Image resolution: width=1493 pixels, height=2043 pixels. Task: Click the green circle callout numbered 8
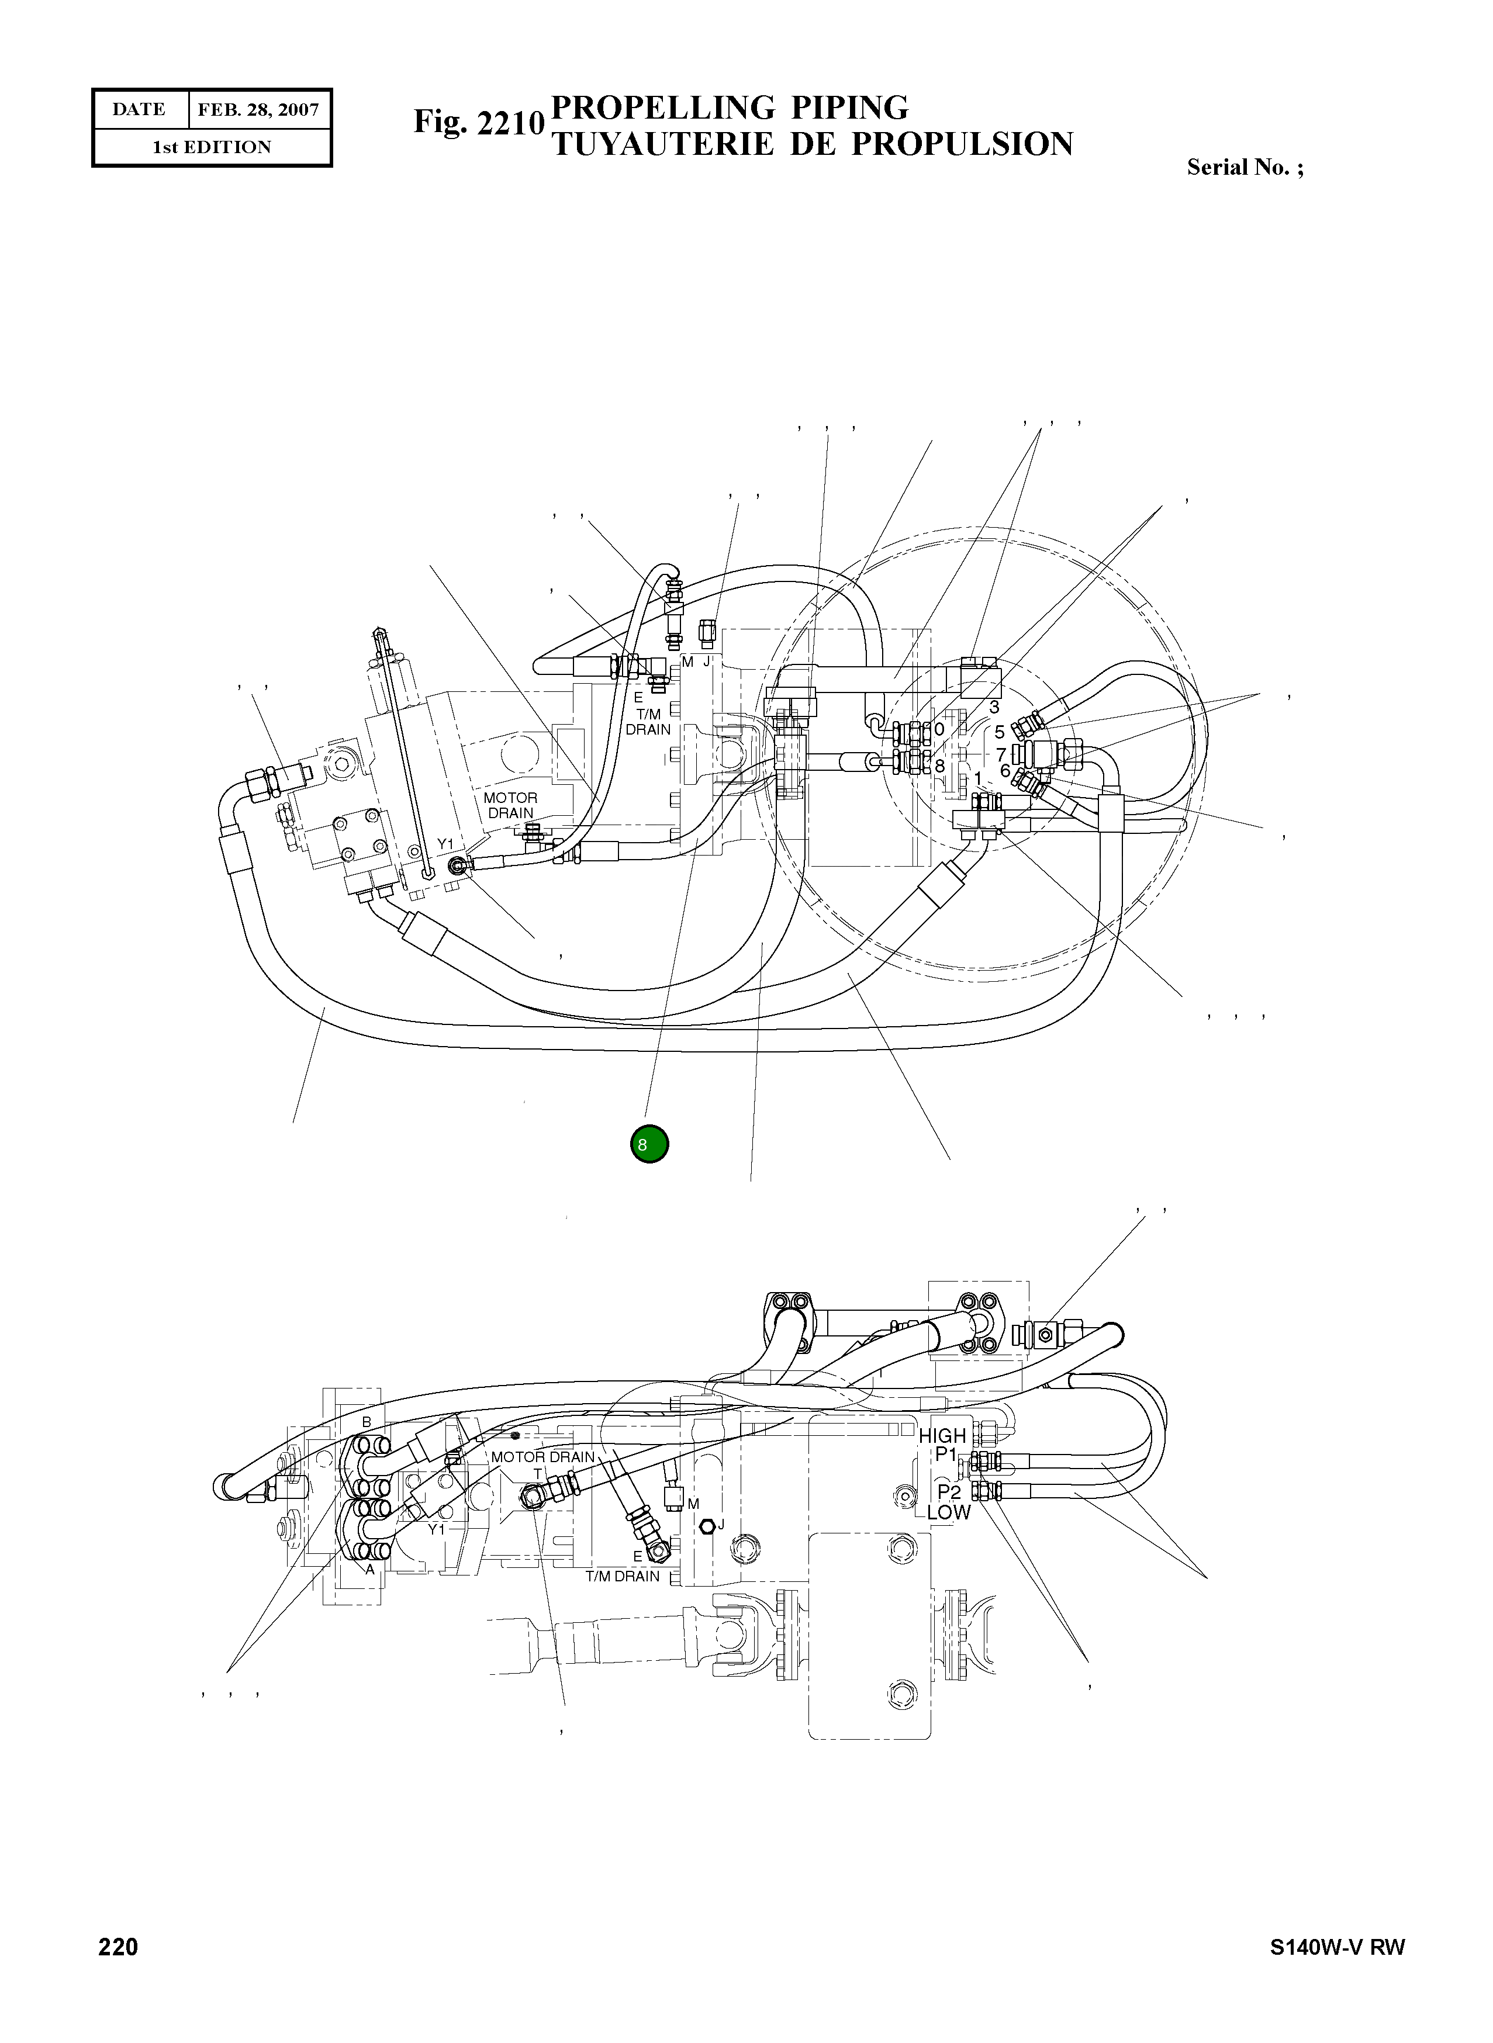(x=649, y=1144)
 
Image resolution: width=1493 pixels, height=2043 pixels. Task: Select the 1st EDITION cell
(x=212, y=147)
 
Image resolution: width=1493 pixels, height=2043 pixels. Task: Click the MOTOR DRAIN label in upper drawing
(x=510, y=805)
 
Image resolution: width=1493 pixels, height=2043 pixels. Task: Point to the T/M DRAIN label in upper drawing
(x=648, y=721)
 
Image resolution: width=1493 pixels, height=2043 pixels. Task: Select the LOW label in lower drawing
(x=948, y=1512)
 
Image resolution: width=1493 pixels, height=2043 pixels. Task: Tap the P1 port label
(x=945, y=1454)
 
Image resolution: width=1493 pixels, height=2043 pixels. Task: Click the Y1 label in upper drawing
(x=445, y=844)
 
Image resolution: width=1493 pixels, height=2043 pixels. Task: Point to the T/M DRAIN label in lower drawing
(x=622, y=1577)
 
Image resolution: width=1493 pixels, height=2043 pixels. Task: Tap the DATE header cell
(x=139, y=109)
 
